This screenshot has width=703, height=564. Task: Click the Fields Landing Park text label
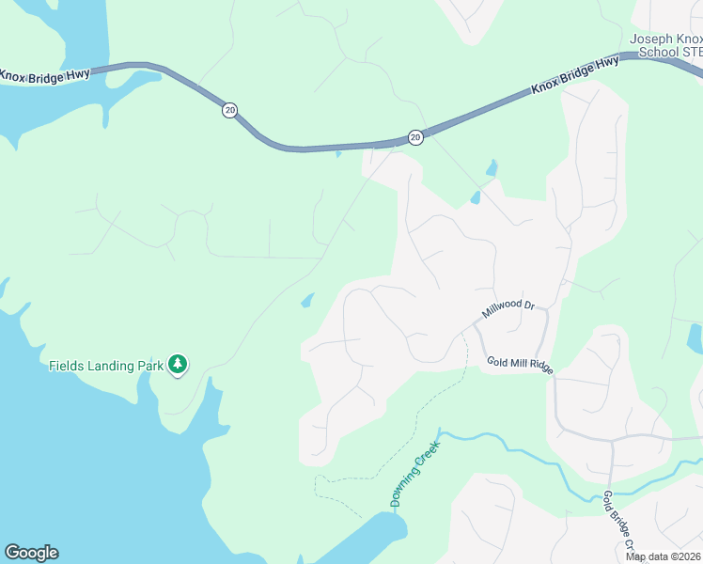105,366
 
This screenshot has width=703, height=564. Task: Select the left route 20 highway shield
230,110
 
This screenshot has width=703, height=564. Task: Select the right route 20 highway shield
415,138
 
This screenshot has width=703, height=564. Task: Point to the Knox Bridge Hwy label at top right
574,75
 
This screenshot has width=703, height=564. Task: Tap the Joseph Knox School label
666,45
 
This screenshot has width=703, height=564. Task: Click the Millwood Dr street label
508,309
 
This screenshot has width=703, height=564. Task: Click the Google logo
31,553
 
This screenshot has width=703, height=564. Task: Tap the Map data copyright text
664,556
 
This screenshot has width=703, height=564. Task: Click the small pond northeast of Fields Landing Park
307,301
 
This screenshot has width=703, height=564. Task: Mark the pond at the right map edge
695,337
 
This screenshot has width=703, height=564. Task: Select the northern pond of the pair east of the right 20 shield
491,168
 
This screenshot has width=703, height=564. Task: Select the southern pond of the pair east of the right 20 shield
476,197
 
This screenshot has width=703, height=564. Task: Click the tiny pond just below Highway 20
338,153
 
